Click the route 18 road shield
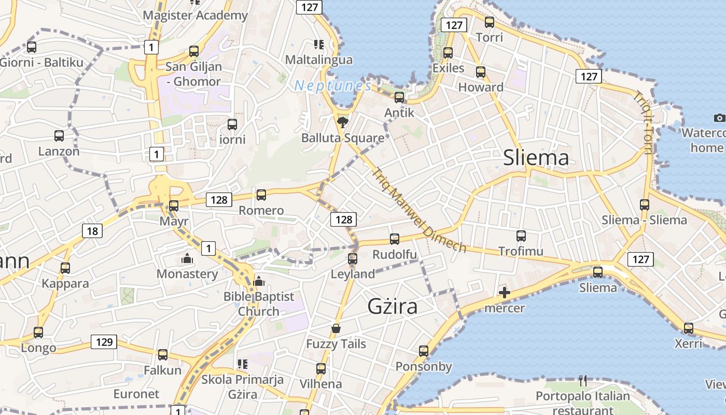pos(92,231)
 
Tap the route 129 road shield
pos(104,342)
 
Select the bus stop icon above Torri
pos(489,22)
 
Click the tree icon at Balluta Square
pos(342,122)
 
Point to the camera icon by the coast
pos(719,118)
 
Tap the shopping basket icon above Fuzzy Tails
pos(336,328)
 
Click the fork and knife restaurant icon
pos(583,381)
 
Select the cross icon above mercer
pos(504,293)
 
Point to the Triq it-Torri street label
pos(643,122)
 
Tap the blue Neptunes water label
pos(332,86)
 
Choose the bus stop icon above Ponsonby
pos(424,351)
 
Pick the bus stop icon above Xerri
pos(688,328)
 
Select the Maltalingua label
pos(319,60)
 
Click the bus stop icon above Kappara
pos(65,268)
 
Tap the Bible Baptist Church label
pos(259,304)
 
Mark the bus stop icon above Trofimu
pos(521,236)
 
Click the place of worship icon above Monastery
pos(187,258)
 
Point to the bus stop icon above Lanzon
pos(59,136)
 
